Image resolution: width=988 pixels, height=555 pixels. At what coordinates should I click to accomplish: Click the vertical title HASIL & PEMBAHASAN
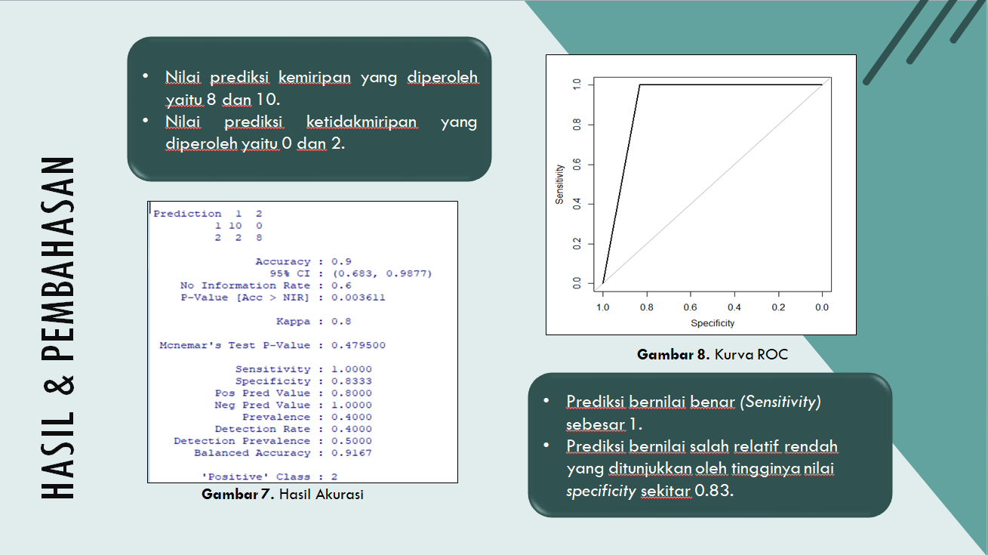point(58,328)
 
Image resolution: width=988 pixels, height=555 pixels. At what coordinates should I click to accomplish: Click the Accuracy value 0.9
point(341,261)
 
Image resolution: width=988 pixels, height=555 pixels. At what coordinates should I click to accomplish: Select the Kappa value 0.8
point(341,322)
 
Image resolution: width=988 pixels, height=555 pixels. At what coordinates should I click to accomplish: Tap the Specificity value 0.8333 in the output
point(352,381)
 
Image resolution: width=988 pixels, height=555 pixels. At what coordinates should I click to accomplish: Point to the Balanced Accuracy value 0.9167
point(352,453)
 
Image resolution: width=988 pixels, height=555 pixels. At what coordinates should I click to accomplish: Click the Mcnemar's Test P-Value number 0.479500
point(359,345)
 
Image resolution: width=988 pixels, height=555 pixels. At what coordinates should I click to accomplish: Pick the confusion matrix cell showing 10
point(235,226)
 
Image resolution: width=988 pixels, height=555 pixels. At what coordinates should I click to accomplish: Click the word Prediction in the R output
point(187,214)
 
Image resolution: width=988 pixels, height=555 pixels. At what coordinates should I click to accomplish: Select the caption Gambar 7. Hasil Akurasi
point(282,495)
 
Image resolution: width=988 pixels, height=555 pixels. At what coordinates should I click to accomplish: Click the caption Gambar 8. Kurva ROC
point(713,355)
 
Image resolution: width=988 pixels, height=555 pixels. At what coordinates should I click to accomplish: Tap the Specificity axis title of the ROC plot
point(713,323)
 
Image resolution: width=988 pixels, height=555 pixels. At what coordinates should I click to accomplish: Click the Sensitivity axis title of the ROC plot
point(559,184)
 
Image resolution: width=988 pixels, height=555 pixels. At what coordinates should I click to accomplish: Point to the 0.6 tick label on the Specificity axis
point(691,307)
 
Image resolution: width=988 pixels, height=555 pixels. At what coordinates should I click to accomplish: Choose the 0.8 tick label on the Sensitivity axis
point(577,125)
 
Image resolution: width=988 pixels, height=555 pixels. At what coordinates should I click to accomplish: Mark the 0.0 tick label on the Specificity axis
point(822,307)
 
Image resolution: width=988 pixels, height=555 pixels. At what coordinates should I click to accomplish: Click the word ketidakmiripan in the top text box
point(362,122)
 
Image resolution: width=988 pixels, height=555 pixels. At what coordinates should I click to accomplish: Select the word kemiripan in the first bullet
point(315,78)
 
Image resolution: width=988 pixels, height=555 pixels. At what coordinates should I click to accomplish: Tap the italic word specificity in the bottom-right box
point(602,491)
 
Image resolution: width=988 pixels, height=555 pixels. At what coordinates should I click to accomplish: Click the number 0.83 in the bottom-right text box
point(714,491)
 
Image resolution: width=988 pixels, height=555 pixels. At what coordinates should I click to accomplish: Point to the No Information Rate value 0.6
point(341,286)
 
